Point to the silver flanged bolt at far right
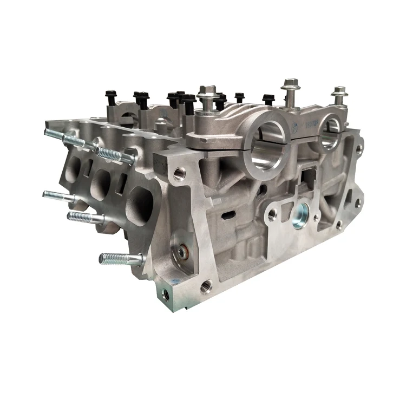click(339, 98)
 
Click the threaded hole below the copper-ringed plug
click(205, 286)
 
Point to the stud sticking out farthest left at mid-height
click(57, 195)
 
